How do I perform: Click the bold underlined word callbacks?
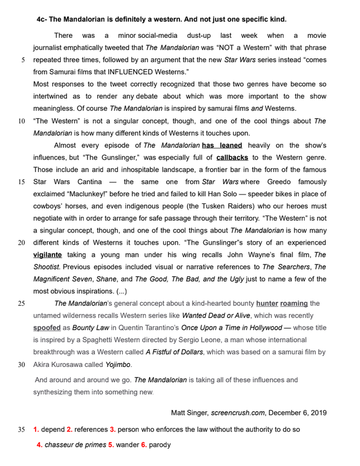tap(233, 157)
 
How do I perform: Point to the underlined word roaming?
tap(294, 303)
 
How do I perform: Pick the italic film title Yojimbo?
tap(118, 364)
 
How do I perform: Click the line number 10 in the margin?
tap(22, 121)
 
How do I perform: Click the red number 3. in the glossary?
tap(113, 430)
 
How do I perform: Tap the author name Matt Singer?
tap(189, 412)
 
